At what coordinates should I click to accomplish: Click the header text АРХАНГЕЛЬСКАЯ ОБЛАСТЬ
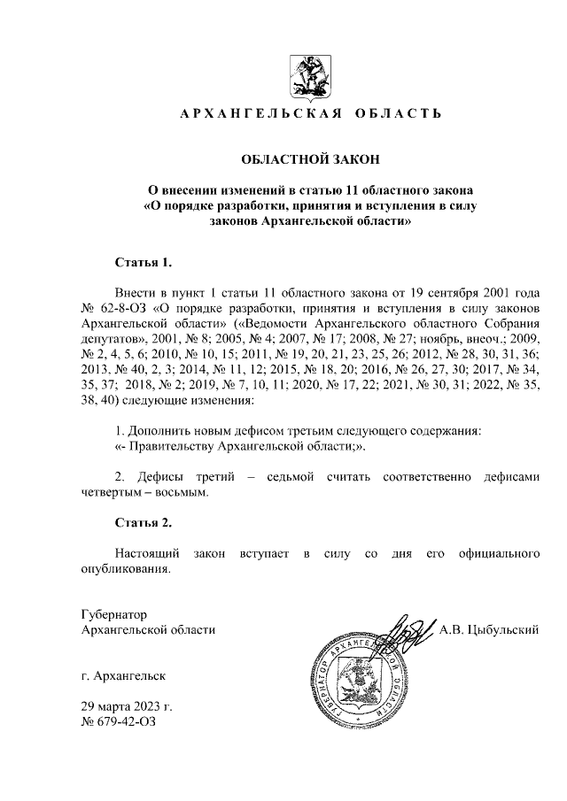pos(310,115)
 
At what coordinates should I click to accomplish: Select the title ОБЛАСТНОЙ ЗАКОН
pos(310,160)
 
